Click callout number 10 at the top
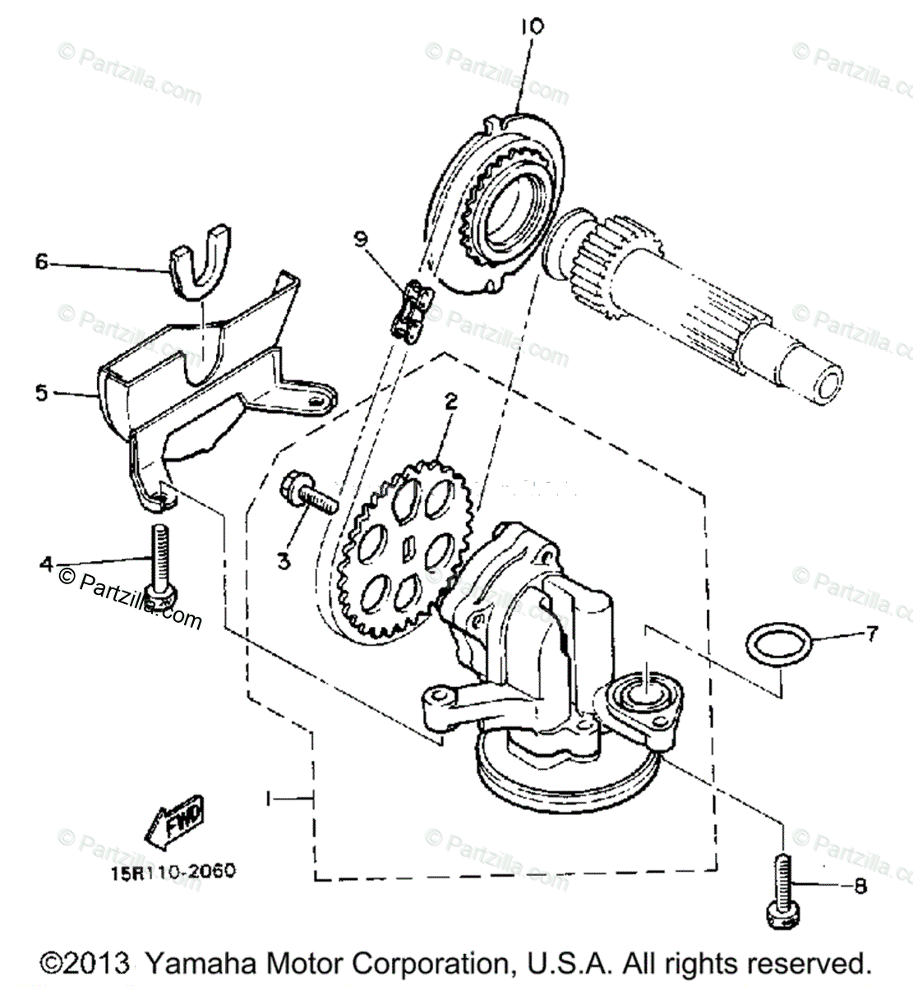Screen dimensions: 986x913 (532, 26)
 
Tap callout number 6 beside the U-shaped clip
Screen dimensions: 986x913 (42, 262)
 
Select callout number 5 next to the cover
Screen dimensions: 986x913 (42, 393)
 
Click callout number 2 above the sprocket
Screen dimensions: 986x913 (450, 402)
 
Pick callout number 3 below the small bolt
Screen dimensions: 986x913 (284, 561)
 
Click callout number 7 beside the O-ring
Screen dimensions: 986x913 (872, 634)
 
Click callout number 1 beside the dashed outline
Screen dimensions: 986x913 (269, 798)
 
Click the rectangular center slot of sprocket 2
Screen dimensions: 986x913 (409, 543)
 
